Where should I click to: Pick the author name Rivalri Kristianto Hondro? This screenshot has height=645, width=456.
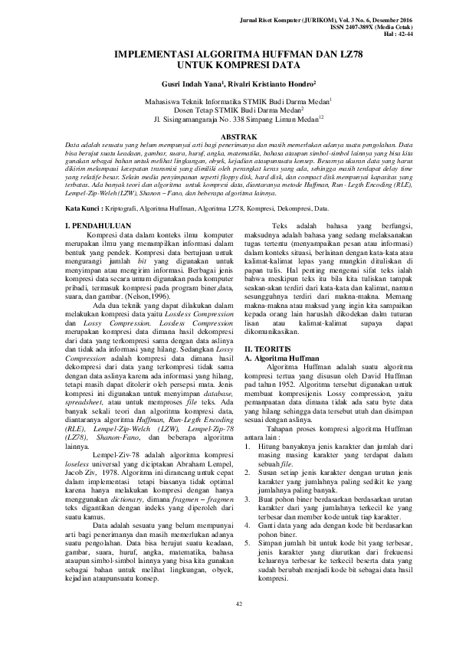[269, 85]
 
